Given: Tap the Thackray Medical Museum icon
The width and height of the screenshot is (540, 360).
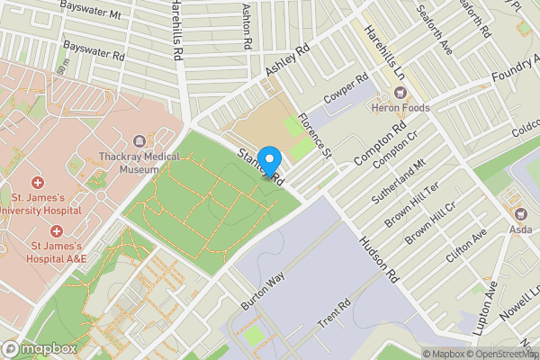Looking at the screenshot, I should pyautogui.click(x=139, y=141).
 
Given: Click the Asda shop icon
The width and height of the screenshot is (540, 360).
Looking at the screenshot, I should pyautogui.click(x=520, y=212).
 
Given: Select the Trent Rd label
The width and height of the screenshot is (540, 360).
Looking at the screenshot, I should pyautogui.click(x=332, y=314).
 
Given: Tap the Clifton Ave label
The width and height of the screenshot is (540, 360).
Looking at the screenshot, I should pyautogui.click(x=466, y=244).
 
